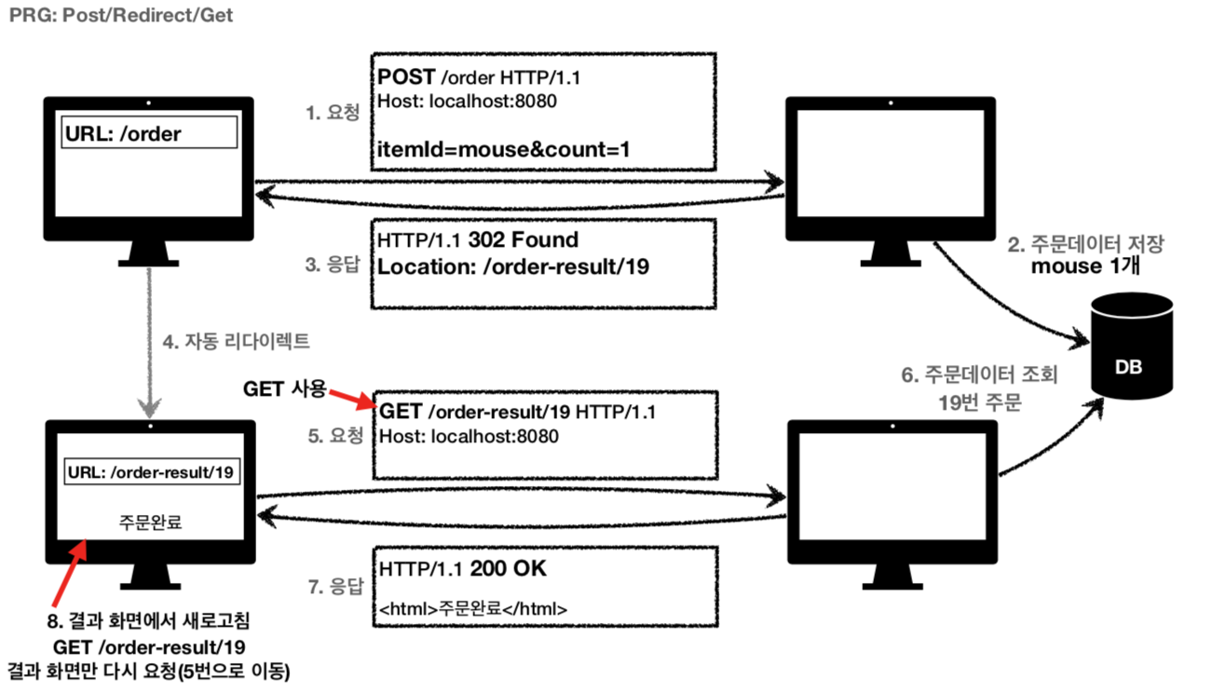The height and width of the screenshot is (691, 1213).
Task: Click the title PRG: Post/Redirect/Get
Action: [121, 16]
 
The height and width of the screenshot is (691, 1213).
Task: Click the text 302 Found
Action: [524, 240]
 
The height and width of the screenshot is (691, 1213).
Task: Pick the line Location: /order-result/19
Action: [513, 265]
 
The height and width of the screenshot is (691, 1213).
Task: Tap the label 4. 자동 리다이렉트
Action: [237, 342]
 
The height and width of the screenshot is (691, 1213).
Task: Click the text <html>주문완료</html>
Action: [474, 610]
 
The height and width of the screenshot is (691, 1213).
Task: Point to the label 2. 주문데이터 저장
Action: [1085, 245]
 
